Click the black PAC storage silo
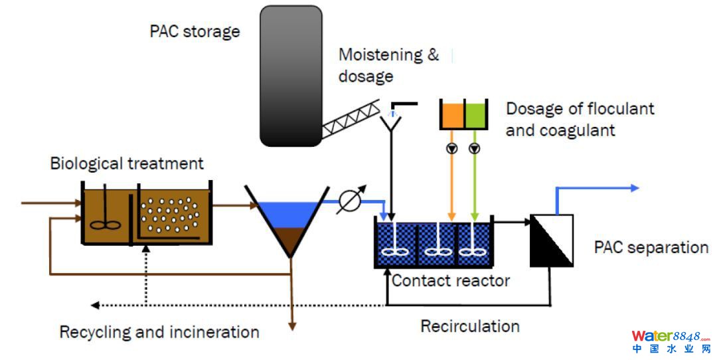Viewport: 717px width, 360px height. [x=291, y=75]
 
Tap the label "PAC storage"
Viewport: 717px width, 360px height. [x=195, y=31]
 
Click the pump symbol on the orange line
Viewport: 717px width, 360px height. [x=452, y=148]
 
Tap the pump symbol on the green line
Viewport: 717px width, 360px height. [x=474, y=148]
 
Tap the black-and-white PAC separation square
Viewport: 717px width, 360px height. [x=552, y=240]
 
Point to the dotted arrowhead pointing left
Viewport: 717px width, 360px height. [x=95, y=305]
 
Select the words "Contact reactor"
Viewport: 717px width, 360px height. [x=450, y=280]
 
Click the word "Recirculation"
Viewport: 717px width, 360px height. [x=469, y=326]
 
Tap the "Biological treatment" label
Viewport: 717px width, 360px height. [x=127, y=163]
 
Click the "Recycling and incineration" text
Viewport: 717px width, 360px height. [x=159, y=331]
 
